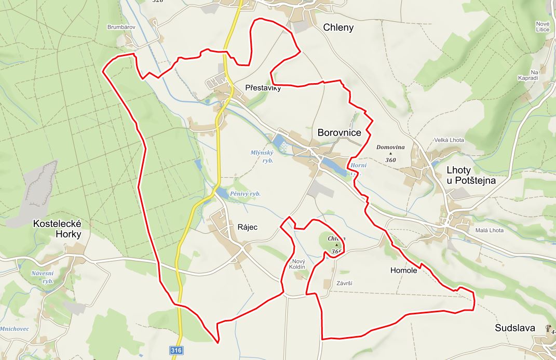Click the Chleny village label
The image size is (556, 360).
[x=338, y=28]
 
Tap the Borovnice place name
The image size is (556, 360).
[x=339, y=133]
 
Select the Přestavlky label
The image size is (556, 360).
[x=263, y=88]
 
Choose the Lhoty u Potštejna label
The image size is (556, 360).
[x=471, y=176]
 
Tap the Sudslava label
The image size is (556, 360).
[x=516, y=328]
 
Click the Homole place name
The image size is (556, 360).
[x=403, y=270]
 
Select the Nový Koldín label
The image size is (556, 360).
[x=299, y=263]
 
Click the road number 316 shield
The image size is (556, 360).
[x=176, y=351]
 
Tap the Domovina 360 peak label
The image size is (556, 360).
[x=390, y=153]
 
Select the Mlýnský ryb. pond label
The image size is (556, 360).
[x=262, y=156]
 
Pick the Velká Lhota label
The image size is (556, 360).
[x=449, y=140]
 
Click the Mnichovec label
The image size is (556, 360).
[x=14, y=329]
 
